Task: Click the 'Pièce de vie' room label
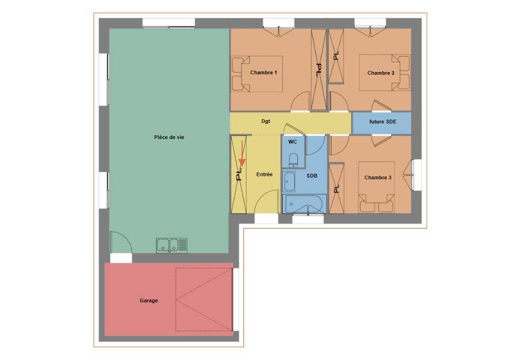pyautogui.click(x=169, y=138)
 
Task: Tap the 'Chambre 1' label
pyautogui.click(x=264, y=73)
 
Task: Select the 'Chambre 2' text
pyautogui.click(x=381, y=73)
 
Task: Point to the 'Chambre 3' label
pyautogui.click(x=378, y=178)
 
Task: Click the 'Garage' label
pyautogui.click(x=148, y=300)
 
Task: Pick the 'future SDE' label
pyautogui.click(x=383, y=122)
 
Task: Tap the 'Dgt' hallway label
pyautogui.click(x=265, y=121)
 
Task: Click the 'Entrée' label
pyautogui.click(x=264, y=174)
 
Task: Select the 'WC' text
pyautogui.click(x=292, y=142)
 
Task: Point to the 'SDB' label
pyautogui.click(x=312, y=176)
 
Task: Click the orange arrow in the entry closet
pyautogui.click(x=242, y=153)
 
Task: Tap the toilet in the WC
pyautogui.click(x=294, y=160)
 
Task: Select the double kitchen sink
pyautogui.click(x=172, y=246)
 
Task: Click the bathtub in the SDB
pyautogui.click(x=304, y=204)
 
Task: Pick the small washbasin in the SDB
pyautogui.click(x=289, y=182)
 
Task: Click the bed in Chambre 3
pyautogui.click(x=377, y=187)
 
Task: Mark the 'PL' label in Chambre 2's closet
pyautogui.click(x=336, y=56)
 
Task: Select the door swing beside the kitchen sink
pyautogui.click(x=120, y=243)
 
